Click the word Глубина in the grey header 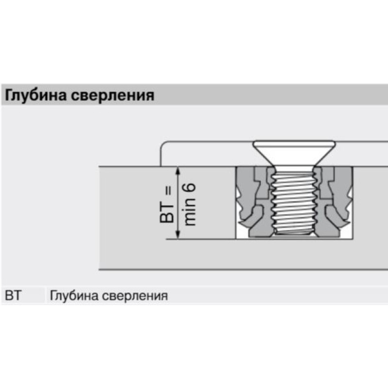pos(35,95)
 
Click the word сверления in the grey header pos(113,96)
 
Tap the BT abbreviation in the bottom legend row pos(13,295)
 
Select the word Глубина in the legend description pos(74,295)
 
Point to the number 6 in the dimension pos(190,190)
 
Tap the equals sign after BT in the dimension pos(168,192)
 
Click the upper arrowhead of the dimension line pos(178,171)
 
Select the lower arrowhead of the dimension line pos(178,235)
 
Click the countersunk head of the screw pos(294,153)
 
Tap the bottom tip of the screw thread pos(294,234)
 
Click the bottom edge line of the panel pos(243,270)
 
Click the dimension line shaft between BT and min pos(178,203)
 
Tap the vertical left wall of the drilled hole pos(236,203)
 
